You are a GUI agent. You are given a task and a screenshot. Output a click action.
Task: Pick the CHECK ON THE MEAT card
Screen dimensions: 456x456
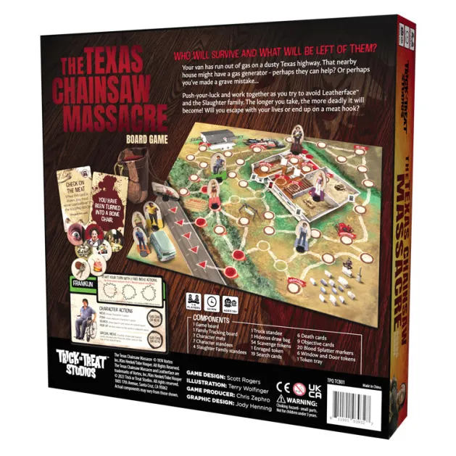coord(80,194)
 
